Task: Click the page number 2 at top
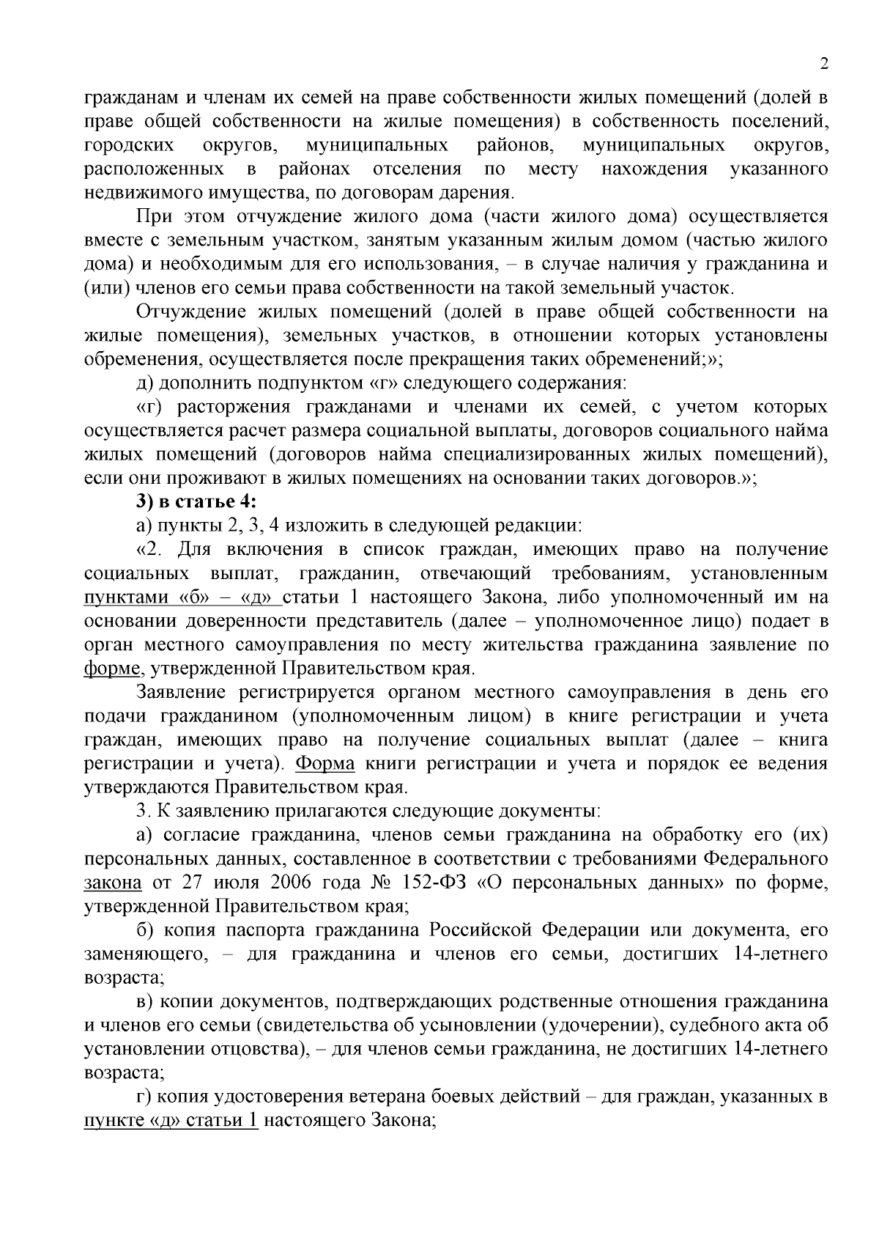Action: click(x=823, y=65)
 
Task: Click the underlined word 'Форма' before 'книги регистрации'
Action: click(x=325, y=763)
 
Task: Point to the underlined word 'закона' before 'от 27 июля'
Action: click(x=113, y=882)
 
